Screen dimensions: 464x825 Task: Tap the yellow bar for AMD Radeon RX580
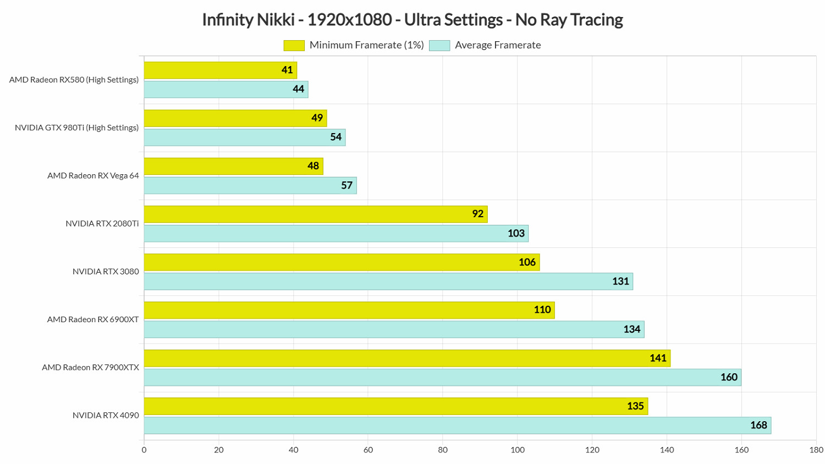220,70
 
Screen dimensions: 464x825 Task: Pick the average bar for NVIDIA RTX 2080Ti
336,234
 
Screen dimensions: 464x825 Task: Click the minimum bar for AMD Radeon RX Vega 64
233,166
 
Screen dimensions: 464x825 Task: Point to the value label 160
729,377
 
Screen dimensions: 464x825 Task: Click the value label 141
658,358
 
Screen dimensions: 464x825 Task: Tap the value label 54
335,137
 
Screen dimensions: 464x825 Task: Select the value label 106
527,262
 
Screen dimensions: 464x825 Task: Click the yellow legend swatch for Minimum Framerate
294,46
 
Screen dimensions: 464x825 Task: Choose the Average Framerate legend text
498,45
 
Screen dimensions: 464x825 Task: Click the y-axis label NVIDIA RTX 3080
106,272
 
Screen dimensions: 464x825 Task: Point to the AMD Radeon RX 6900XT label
93,319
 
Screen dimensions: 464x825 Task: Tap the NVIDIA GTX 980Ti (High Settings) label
76,128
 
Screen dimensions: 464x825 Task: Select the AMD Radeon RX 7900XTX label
90,367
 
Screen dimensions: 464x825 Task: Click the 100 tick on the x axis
518,450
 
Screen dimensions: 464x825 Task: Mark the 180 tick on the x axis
816,450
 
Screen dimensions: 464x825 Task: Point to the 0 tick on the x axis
144,450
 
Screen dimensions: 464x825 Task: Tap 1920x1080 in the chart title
349,20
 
